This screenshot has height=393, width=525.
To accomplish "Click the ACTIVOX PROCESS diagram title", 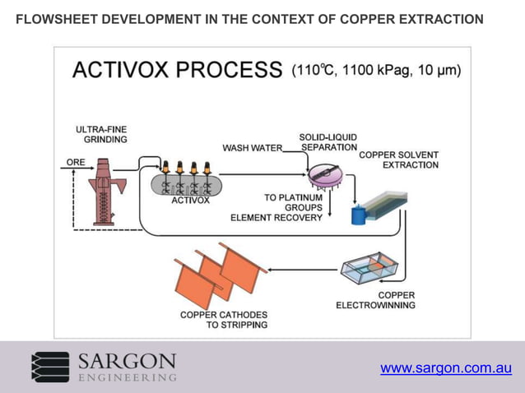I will tap(177, 70).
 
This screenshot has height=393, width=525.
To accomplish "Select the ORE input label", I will tap(76, 163).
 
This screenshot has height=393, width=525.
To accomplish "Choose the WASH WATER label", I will tap(252, 149).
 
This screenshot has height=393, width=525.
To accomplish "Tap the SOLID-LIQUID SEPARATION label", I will tap(328, 142).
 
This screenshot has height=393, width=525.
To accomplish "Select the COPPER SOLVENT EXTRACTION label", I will tap(399, 160).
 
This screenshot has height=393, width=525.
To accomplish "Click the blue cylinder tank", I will tap(358, 215).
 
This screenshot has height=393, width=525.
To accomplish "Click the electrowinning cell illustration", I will tap(372, 270).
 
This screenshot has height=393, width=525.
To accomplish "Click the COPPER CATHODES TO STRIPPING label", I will tap(224, 319).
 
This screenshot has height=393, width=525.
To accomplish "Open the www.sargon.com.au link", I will tap(446, 368).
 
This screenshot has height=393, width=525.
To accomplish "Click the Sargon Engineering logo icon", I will tap(50, 367).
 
